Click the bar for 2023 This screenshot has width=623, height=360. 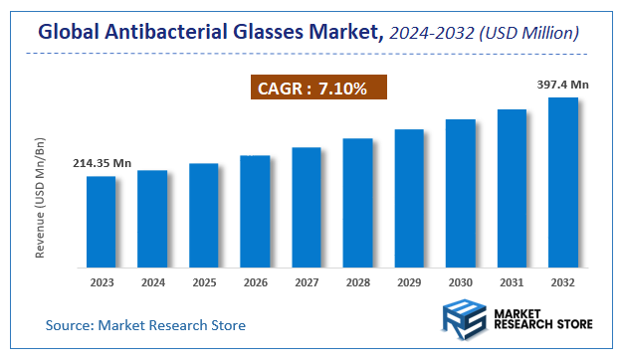click(101, 222)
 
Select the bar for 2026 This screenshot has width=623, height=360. click(255, 212)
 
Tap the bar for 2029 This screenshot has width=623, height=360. click(409, 198)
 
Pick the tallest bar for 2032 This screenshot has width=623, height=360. click(563, 182)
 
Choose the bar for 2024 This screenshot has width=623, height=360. click(152, 219)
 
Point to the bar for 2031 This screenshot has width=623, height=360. click(512, 188)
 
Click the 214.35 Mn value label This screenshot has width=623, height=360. click(101, 163)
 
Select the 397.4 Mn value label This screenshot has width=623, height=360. click(563, 85)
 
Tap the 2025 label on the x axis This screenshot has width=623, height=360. click(203, 281)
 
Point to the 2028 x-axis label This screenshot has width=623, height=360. click(357, 281)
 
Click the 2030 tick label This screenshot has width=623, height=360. click(460, 281)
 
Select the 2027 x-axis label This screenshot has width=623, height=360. click(307, 281)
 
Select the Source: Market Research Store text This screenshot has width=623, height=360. click(145, 325)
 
